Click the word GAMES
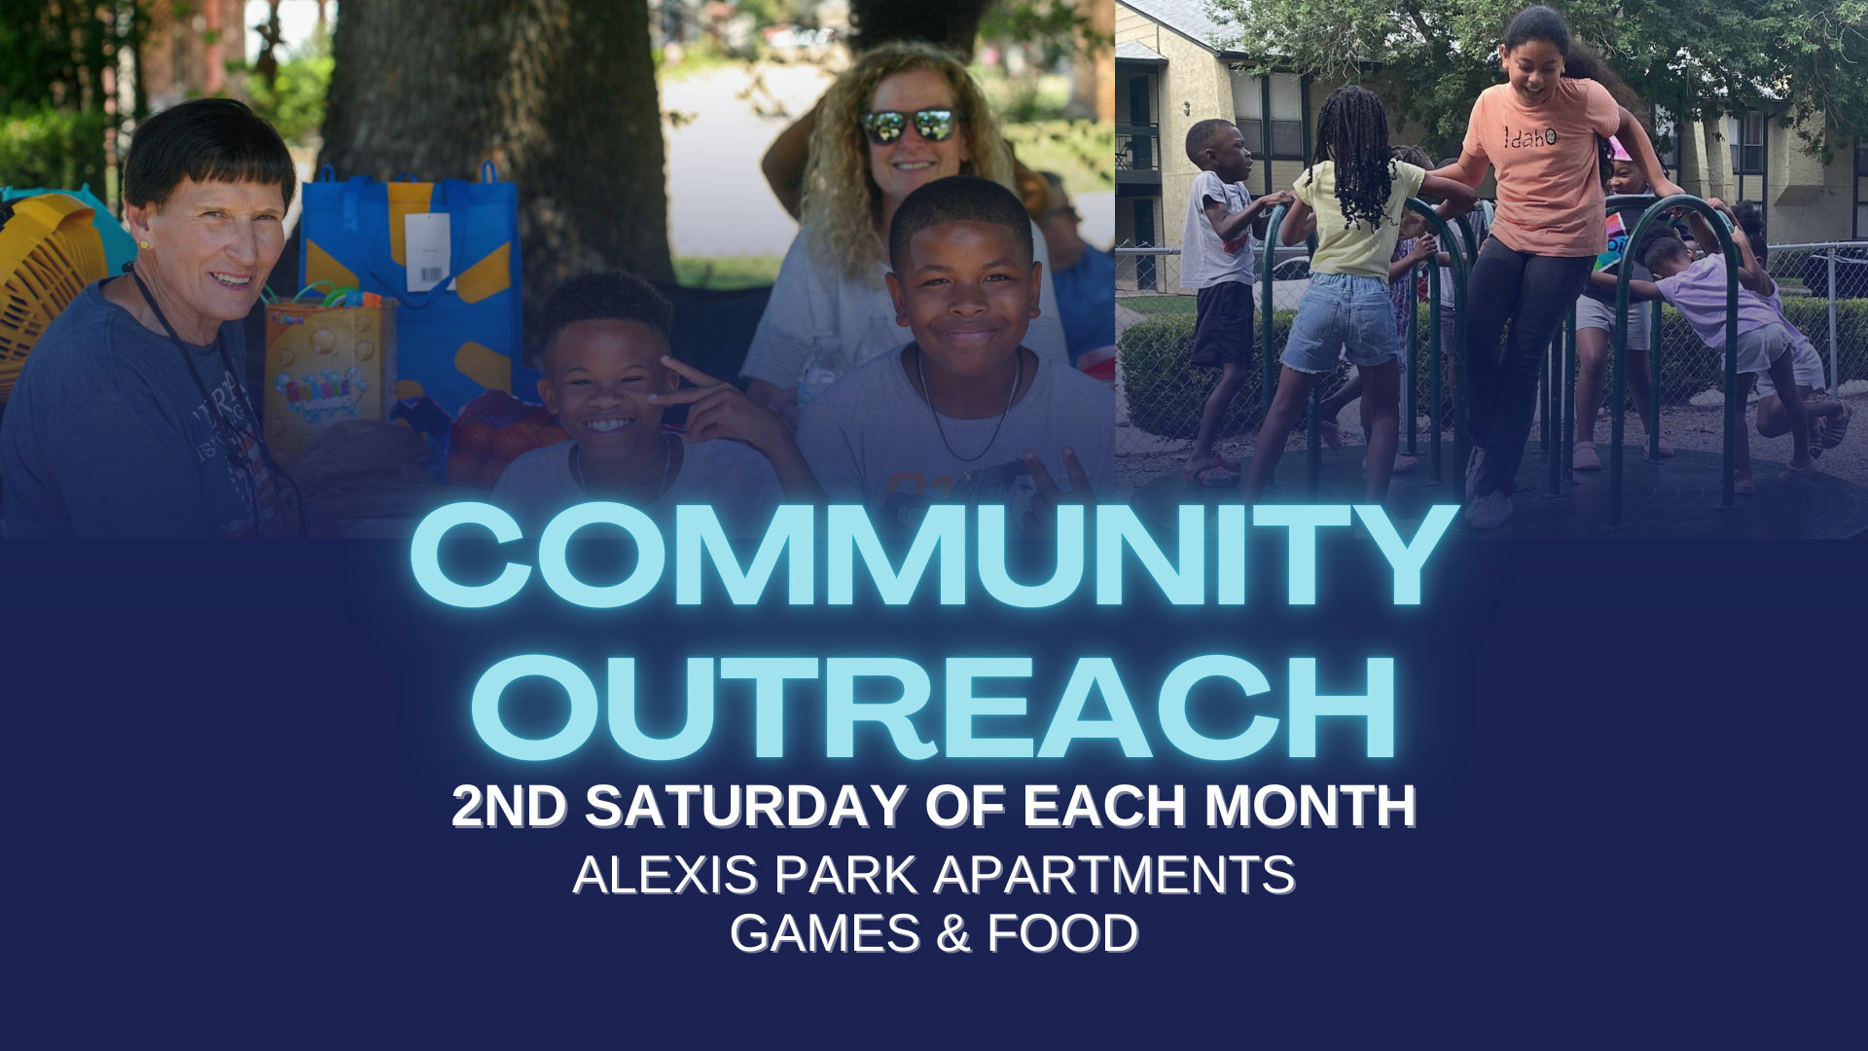[x=825, y=932]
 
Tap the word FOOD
[x=1062, y=932]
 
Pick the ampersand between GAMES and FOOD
[x=953, y=932]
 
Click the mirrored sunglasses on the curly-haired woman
[x=908, y=126]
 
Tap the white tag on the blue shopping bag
[x=428, y=251]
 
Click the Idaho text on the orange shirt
[x=1529, y=137]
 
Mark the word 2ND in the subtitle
[x=509, y=806]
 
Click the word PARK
[x=846, y=874]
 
